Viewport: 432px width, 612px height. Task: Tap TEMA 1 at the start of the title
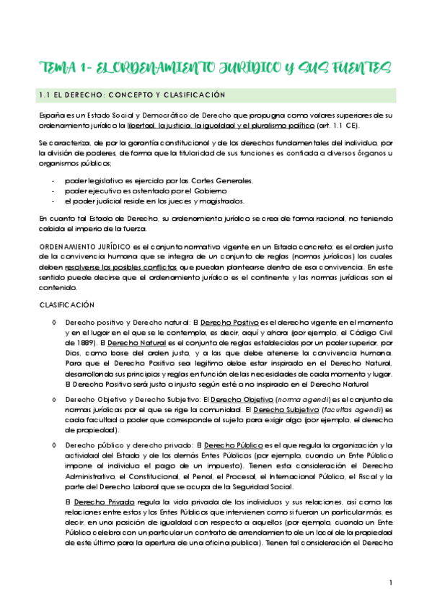tap(59, 69)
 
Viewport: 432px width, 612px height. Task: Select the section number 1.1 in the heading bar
tap(46, 95)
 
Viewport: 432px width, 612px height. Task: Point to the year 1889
tap(87, 344)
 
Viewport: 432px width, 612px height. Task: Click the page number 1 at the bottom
tap(389, 582)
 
